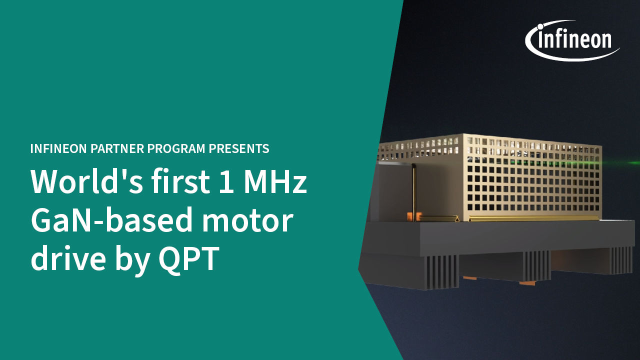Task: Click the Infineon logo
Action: tap(571, 40)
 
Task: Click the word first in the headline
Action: tap(181, 181)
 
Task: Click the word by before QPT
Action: tap(132, 260)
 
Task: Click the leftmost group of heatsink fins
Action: tap(441, 271)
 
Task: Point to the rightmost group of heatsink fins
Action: tap(621, 260)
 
